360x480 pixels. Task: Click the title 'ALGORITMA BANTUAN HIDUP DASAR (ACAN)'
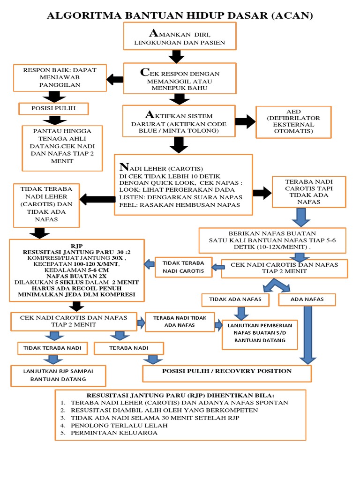coord(180,15)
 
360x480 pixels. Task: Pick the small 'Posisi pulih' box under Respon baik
coord(53,109)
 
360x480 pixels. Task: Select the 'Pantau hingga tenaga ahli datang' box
coord(62,148)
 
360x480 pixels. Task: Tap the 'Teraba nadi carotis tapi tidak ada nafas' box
coord(309,192)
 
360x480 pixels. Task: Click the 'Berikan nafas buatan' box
coord(272,240)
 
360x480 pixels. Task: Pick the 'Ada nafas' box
coord(307,299)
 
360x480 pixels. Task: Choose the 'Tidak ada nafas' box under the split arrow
coord(235,299)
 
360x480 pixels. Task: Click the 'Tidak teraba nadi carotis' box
coord(183,267)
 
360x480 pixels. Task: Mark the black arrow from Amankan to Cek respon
coord(177,56)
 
